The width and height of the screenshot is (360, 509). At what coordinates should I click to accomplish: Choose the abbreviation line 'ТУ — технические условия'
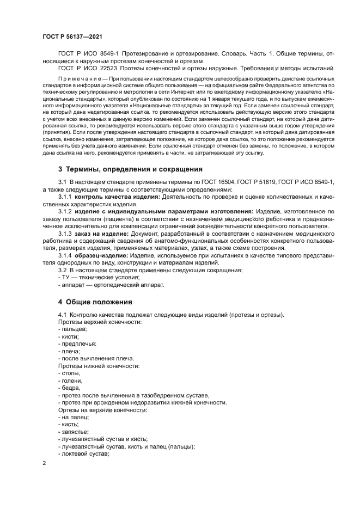click(x=95, y=278)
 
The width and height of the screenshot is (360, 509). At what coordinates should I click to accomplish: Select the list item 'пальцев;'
click(x=72, y=330)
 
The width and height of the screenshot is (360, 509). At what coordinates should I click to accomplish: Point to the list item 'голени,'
click(x=71, y=380)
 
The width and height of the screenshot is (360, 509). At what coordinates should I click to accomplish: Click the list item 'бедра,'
click(x=70, y=388)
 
